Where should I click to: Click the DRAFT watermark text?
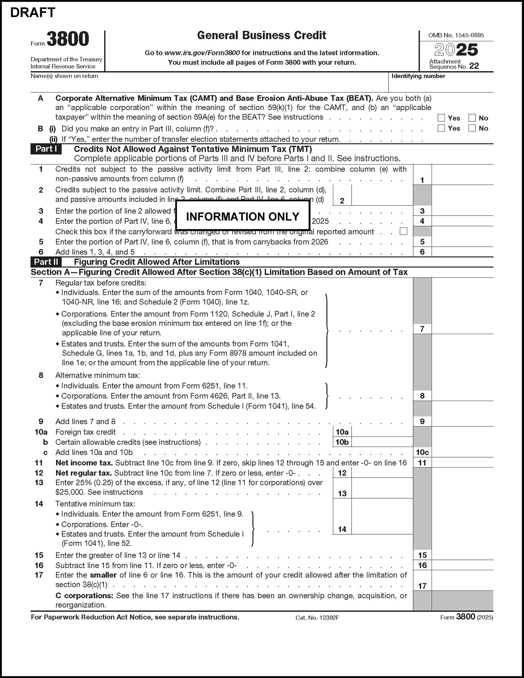point(33,13)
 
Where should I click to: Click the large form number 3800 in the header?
point(68,39)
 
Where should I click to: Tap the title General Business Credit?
point(261,35)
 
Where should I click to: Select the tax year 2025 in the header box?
point(456,50)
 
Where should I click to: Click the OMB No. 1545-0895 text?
point(456,35)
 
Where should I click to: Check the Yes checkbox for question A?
point(441,118)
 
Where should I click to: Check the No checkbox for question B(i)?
point(472,128)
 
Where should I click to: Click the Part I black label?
point(46,149)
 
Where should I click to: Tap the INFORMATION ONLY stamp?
point(242,216)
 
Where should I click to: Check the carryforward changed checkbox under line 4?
point(403,231)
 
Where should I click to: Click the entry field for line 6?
point(462,252)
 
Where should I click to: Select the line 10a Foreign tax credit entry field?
point(382,432)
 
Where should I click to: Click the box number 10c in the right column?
point(422,452)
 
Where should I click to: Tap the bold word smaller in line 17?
point(103,575)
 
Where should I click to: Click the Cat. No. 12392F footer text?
point(317,618)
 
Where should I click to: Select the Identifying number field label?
point(418,76)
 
